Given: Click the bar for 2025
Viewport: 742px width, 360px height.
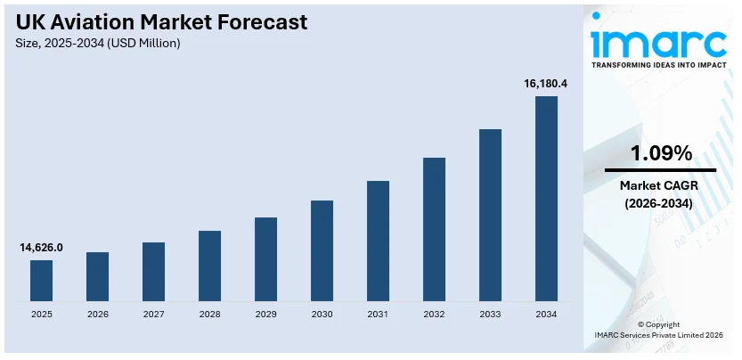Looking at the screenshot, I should (x=41, y=280).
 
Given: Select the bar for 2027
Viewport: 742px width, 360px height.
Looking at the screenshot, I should (x=153, y=271).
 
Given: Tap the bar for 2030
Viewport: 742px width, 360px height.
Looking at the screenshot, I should (x=322, y=250).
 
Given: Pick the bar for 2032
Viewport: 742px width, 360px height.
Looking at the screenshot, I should (x=434, y=229).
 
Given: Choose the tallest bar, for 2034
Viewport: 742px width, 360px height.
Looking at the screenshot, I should (x=546, y=198).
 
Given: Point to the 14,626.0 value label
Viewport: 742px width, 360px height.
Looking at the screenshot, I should (x=41, y=248).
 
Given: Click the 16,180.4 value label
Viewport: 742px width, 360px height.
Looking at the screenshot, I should (x=546, y=84).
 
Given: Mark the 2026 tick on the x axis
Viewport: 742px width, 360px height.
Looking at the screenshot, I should (x=97, y=315).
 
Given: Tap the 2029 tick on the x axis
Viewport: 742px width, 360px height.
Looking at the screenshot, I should (x=265, y=315).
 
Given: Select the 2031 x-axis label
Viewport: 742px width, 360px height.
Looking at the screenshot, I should (x=378, y=315).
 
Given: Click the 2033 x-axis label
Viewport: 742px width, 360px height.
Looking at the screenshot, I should (x=490, y=315).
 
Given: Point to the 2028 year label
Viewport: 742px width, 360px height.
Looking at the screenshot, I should (x=209, y=315).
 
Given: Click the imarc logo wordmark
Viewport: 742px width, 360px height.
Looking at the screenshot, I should (x=660, y=42).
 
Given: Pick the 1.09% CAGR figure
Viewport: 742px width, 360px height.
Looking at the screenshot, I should (x=660, y=153).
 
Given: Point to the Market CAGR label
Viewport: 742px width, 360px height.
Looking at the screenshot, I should (x=660, y=185).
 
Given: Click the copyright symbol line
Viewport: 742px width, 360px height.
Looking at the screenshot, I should (x=660, y=324).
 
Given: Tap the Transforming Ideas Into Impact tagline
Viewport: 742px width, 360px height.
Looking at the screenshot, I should (x=660, y=65).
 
